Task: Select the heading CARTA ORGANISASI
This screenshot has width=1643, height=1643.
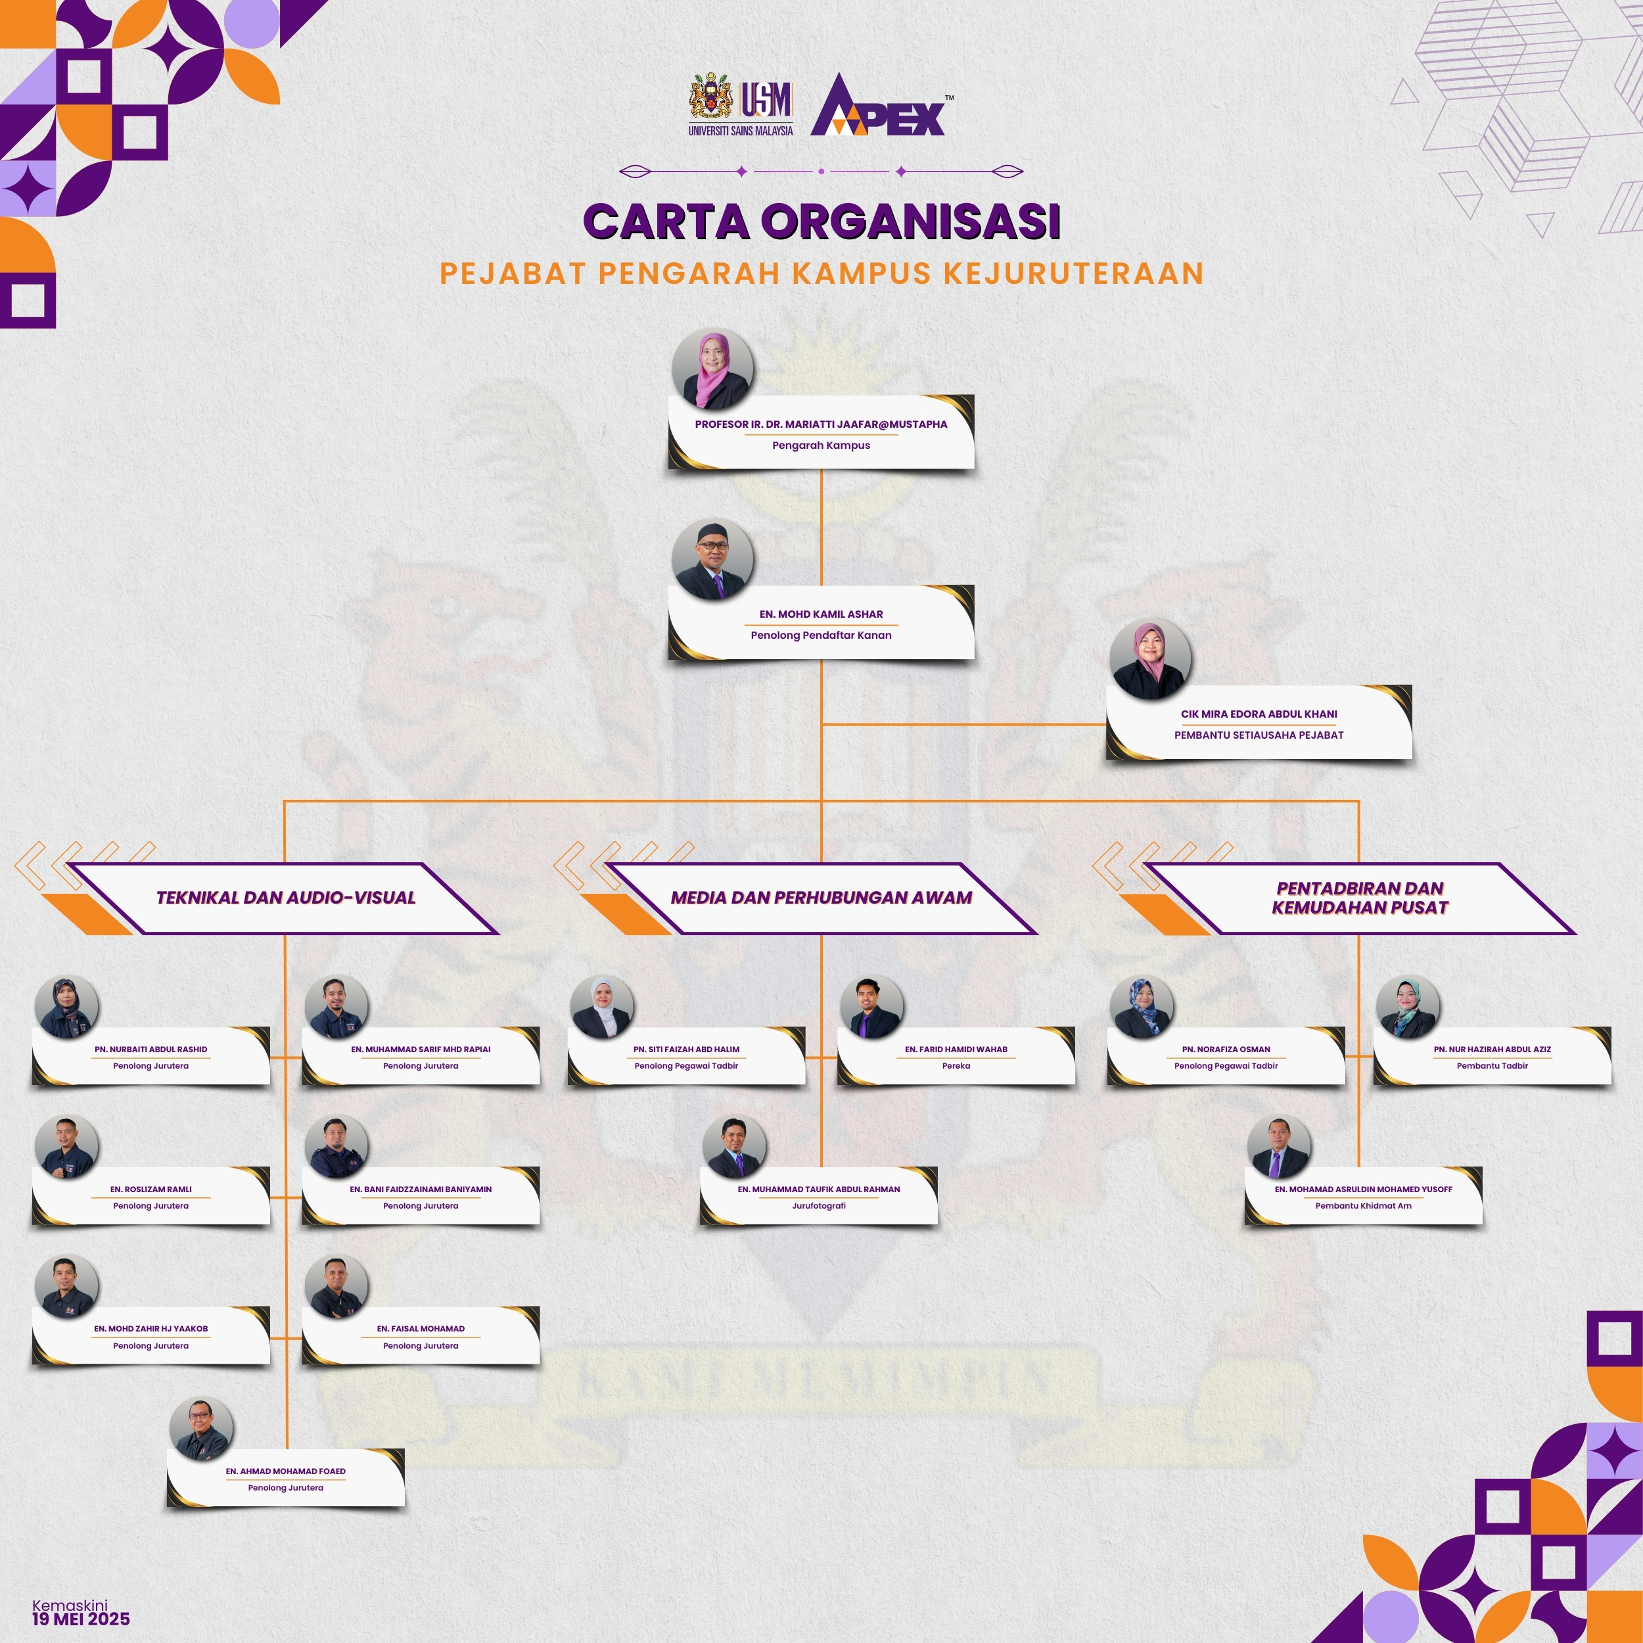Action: coord(821,221)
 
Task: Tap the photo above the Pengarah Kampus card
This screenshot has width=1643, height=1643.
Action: coord(712,370)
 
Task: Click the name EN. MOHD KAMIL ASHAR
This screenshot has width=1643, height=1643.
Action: coord(821,614)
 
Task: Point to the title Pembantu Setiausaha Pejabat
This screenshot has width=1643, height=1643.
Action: coord(1259,735)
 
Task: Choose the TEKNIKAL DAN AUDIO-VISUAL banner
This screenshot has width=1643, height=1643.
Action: coord(286,898)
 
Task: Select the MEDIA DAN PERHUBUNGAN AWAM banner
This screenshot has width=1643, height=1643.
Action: coord(821,898)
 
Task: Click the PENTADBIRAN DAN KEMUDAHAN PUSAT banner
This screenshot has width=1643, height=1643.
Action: coord(1360,898)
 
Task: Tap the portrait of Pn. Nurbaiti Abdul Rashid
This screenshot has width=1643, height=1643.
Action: coord(67,1007)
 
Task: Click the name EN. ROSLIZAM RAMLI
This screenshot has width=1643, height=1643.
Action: coord(150,1190)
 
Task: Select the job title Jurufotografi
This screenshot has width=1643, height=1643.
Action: coord(819,1206)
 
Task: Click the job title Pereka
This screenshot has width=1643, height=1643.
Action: coord(956,1065)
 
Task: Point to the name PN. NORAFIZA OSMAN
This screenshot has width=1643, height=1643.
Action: coord(1226,1050)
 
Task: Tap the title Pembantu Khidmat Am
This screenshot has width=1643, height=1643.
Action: coord(1363,1206)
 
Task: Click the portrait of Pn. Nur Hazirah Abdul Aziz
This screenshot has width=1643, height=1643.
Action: coord(1408,1007)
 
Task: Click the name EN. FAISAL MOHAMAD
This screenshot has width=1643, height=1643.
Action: coord(421,1328)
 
